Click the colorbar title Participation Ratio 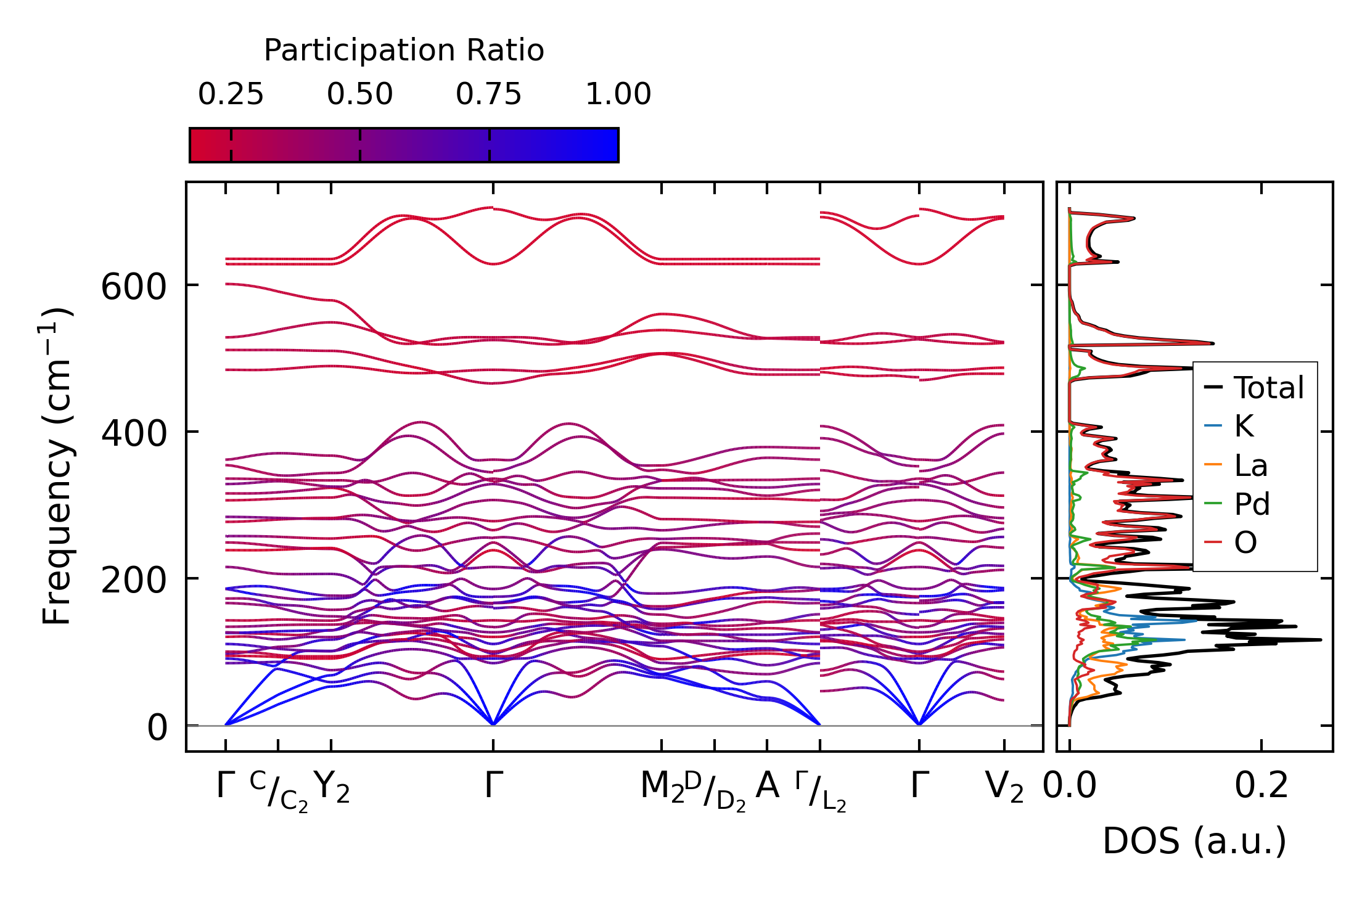[x=404, y=51]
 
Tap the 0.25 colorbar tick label [x=231, y=95]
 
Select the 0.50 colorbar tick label [x=359, y=95]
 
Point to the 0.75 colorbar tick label [x=488, y=95]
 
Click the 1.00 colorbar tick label [x=618, y=95]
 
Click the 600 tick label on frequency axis [x=134, y=287]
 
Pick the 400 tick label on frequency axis [x=134, y=434]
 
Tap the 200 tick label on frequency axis [x=134, y=581]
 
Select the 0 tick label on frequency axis [x=157, y=728]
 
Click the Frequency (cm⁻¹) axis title [x=57, y=466]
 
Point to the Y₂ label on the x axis [x=332, y=788]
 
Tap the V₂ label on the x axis [x=1004, y=788]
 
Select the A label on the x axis [x=767, y=786]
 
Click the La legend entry [x=1250, y=465]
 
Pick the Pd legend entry [x=1252, y=504]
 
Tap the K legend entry [x=1244, y=427]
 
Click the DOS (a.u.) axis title [x=1194, y=842]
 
